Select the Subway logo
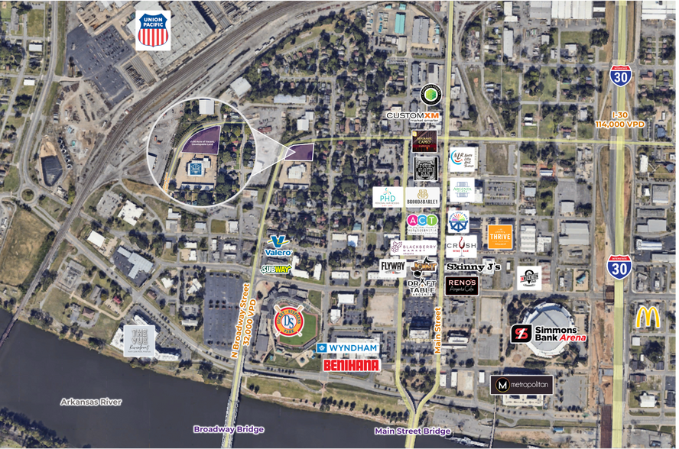tap(275, 269)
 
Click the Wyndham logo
tap(348, 348)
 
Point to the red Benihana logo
tap(352, 365)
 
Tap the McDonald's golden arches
tap(647, 316)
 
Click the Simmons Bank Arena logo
tap(548, 334)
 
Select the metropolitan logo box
tap(521, 385)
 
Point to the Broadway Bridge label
tap(229, 429)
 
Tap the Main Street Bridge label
tap(412, 431)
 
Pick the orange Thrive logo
tap(499, 237)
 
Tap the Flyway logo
tap(393, 266)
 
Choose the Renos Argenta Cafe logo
tap(462, 286)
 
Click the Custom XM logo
tap(413, 116)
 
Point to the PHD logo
tap(388, 197)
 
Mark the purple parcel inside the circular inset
tap(201, 140)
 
